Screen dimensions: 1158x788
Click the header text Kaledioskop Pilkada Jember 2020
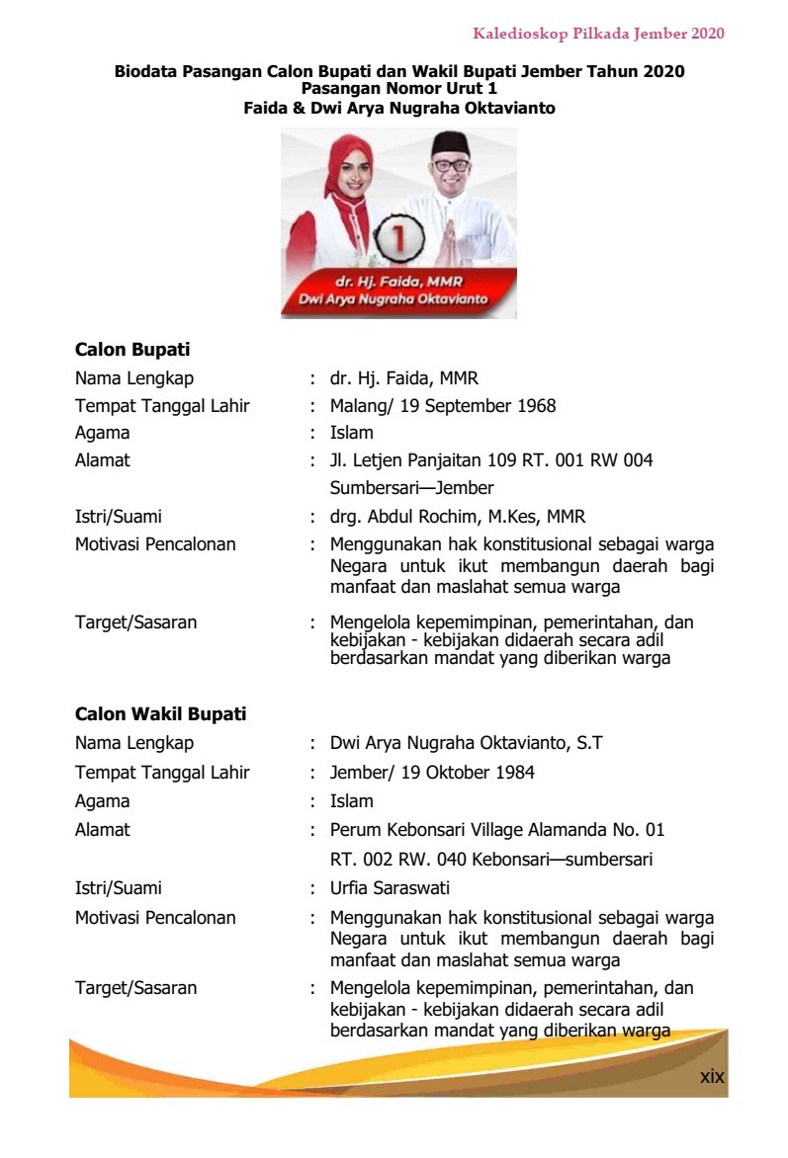pos(598,34)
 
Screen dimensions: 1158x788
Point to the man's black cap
pos(450,142)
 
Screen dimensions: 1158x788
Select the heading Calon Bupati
pos(132,350)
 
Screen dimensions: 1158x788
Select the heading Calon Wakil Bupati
pos(160,714)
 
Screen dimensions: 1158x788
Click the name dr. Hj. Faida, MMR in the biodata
pos(404,378)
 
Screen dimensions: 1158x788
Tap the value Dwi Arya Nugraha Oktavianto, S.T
pos(466,743)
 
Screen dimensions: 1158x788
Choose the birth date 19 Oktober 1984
pos(470,773)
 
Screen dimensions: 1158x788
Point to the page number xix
pos(712,1076)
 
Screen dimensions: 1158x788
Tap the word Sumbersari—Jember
pos(411,488)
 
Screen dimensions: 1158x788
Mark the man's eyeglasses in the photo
pos(451,165)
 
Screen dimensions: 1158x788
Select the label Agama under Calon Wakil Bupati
pos(102,801)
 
